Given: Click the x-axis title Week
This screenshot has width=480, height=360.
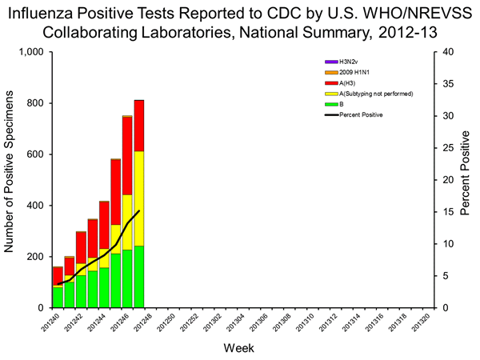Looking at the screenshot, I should point(239,348).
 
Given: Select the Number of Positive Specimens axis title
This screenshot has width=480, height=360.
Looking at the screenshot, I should point(11,179).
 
